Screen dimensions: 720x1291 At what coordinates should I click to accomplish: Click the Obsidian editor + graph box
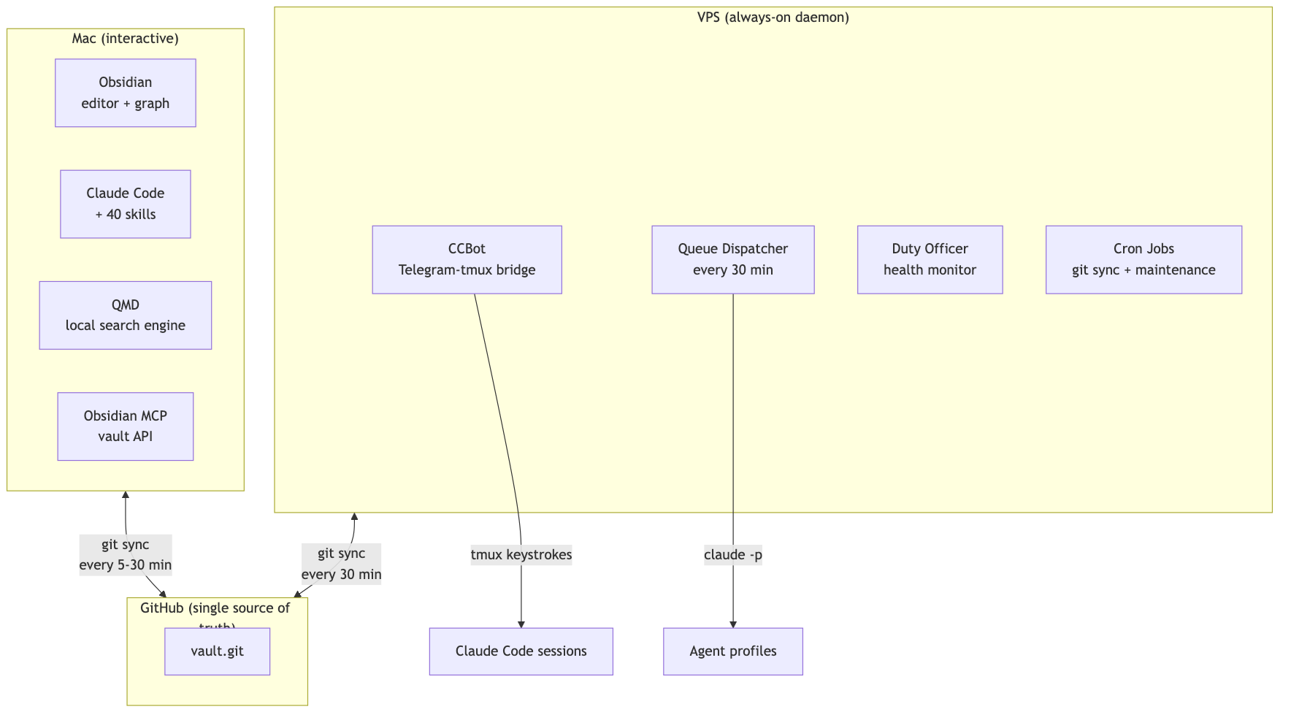click(126, 93)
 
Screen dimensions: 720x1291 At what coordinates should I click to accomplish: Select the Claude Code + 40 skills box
click(126, 204)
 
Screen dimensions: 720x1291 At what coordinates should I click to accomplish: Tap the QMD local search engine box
click(126, 315)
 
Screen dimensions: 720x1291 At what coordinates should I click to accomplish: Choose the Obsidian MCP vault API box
click(126, 426)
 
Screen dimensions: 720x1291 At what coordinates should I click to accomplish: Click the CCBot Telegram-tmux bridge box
click(467, 259)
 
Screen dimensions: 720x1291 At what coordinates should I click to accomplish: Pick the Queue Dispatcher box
click(732, 259)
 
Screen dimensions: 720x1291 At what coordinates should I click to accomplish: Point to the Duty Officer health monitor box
click(930, 259)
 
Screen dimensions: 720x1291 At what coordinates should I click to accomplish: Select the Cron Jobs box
click(1143, 259)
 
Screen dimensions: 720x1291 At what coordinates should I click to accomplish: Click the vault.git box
click(217, 651)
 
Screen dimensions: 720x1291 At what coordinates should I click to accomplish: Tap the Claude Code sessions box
click(521, 651)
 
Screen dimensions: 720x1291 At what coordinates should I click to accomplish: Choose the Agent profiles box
click(732, 651)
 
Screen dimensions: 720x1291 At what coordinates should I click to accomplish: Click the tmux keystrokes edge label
click(521, 555)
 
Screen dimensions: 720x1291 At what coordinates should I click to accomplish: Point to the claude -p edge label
click(732, 555)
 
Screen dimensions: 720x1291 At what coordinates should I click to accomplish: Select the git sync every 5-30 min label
click(126, 555)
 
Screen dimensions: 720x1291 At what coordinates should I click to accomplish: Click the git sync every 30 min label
click(341, 564)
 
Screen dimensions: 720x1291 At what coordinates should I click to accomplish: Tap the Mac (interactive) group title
click(126, 39)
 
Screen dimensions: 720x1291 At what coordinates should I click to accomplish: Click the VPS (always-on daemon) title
click(773, 18)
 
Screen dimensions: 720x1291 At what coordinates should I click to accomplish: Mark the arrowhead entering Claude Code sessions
click(521, 624)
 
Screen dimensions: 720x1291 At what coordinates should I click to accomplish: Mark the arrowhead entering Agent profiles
click(732, 624)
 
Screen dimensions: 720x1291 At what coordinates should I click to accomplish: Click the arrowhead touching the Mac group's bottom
click(126, 495)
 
